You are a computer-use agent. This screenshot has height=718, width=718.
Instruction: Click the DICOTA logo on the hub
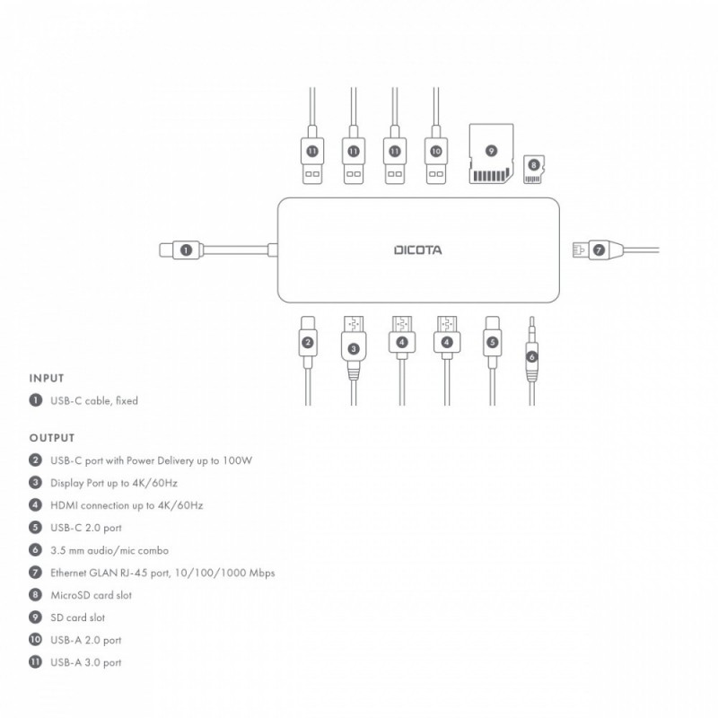[418, 250]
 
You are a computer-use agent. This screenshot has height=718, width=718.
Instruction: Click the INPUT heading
[47, 379]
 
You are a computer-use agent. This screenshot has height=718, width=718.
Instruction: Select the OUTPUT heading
[50, 439]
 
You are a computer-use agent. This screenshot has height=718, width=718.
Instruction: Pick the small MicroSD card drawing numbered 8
[535, 166]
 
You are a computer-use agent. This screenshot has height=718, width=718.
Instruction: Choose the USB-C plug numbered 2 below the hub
[308, 341]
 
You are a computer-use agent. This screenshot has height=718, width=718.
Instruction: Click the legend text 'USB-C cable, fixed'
[93, 400]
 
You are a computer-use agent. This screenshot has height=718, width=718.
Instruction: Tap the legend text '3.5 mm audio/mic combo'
[109, 550]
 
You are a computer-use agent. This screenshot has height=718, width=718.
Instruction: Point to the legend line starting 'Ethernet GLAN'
[162, 573]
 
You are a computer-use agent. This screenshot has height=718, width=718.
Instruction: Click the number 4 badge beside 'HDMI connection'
[35, 505]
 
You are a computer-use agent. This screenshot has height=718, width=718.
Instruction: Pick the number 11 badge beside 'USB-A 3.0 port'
[35, 662]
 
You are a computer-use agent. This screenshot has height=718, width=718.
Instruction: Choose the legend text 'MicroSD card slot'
[92, 595]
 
